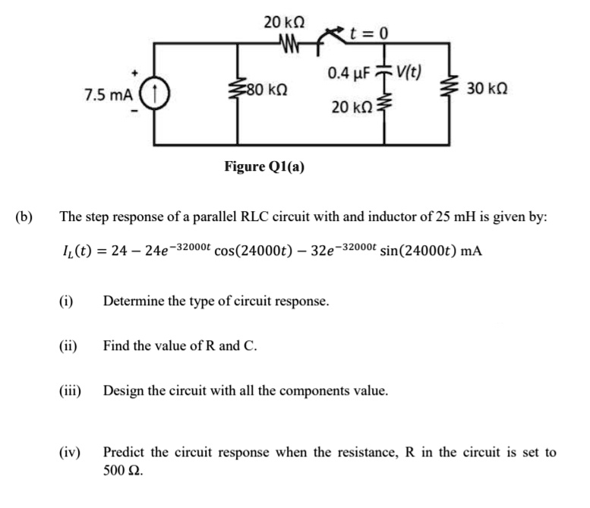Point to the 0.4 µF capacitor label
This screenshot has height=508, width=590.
348,74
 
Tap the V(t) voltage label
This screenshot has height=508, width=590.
409,73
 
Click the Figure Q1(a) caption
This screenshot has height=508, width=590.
264,166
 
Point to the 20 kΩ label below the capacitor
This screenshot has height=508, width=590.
350,108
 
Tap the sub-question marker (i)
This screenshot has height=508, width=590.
67,301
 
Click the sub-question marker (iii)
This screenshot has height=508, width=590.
71,392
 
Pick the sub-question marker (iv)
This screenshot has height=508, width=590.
71,453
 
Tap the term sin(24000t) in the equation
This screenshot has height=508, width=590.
415,250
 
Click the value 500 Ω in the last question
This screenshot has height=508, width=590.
122,470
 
